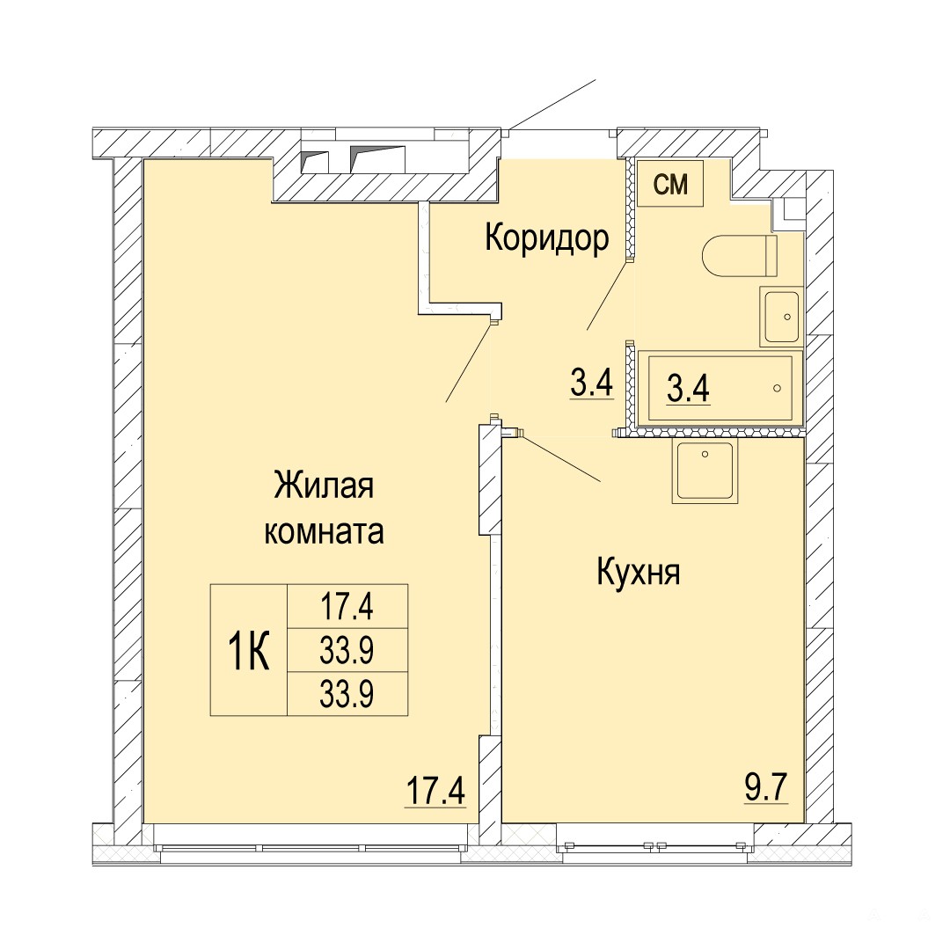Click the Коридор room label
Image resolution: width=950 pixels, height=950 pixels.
click(546, 238)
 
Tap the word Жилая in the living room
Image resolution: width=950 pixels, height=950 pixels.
click(324, 486)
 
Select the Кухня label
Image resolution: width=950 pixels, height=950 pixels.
click(639, 572)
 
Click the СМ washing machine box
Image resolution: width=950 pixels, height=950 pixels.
click(670, 184)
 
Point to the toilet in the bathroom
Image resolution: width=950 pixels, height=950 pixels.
click(740, 256)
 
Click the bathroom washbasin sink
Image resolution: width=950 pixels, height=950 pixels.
click(782, 318)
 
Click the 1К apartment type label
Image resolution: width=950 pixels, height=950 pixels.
click(248, 651)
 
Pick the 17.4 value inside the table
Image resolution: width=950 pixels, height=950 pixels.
click(347, 607)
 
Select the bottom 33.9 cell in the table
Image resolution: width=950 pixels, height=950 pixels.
click(347, 694)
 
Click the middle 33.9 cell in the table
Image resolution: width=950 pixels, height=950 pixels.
click(347, 651)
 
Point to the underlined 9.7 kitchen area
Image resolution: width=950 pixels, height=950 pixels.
click(766, 789)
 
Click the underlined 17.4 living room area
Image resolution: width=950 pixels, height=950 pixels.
click(435, 791)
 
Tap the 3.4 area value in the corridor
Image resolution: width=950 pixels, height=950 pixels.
click(592, 384)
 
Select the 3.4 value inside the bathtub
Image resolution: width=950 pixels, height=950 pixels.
click(688, 389)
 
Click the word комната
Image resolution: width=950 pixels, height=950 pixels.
click(324, 532)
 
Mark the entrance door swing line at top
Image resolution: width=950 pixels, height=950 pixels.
click(552, 104)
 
